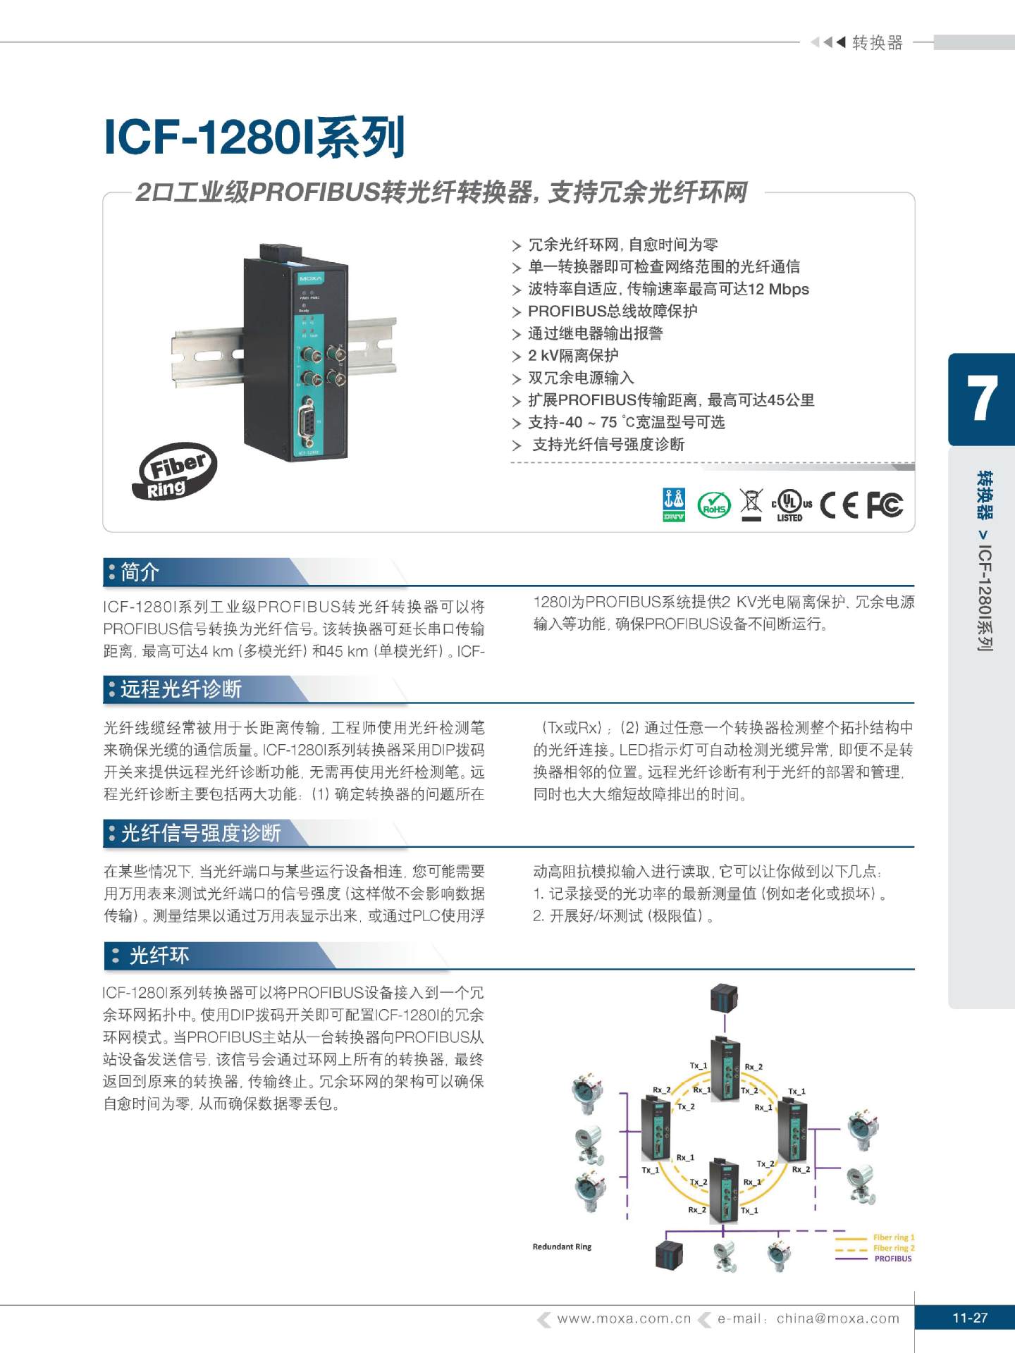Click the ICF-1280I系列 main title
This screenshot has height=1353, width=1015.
254,137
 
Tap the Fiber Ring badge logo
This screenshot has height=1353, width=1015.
174,471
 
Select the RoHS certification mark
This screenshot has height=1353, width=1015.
713,505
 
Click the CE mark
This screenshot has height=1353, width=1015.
839,505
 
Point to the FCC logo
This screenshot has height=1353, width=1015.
884,505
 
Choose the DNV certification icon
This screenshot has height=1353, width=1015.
674,505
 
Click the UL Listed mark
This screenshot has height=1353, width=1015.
791,505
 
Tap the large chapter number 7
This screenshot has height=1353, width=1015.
982,399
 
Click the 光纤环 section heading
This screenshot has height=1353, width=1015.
159,956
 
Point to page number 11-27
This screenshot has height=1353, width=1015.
970,1318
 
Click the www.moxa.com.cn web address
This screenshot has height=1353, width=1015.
624,1318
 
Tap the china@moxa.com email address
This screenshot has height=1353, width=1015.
838,1318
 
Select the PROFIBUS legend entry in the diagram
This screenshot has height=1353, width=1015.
892,1259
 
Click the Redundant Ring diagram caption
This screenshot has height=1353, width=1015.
562,1247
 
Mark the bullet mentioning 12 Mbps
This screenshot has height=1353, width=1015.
668,289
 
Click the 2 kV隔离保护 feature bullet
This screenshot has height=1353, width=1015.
573,356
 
